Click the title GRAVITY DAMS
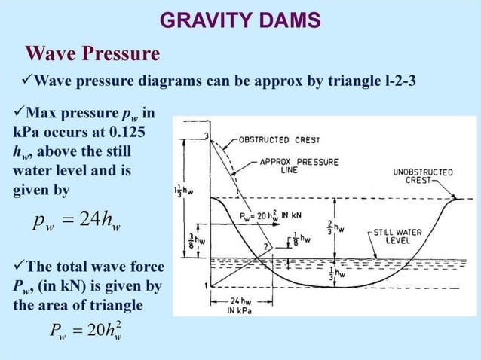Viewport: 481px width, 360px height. coord(240,20)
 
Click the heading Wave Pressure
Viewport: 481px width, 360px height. coord(93,54)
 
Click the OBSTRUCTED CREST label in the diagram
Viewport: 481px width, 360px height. coord(279,140)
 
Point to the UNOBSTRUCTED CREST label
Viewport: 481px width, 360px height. coord(423,176)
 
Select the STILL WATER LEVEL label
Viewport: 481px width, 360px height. coord(397,236)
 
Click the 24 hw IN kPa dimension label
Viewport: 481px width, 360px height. coord(240,306)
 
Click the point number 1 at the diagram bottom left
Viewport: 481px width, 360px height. coord(205,286)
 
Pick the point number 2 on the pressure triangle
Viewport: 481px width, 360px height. coord(266,247)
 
